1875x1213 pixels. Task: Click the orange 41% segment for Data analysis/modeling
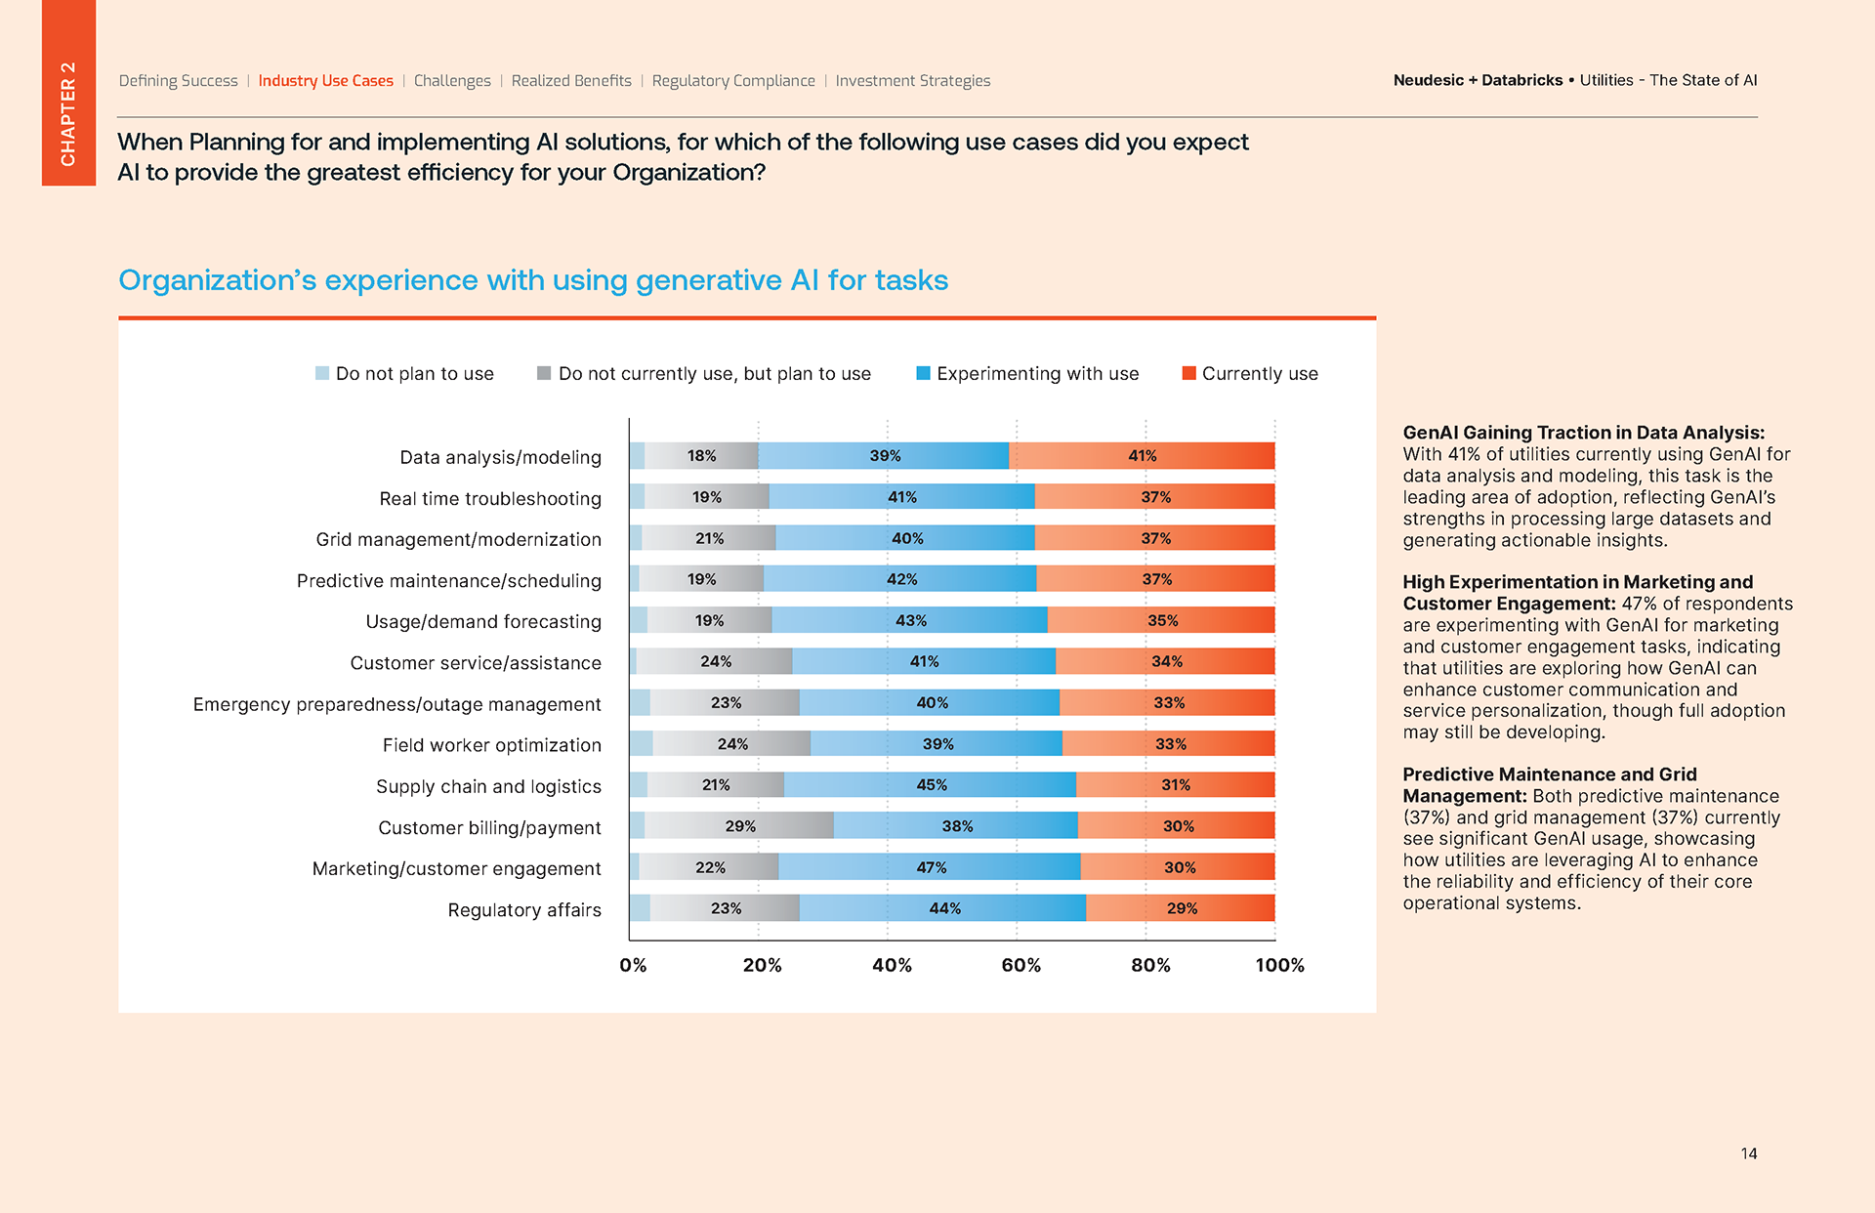click(x=1142, y=456)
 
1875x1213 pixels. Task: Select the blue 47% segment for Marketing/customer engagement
click(x=930, y=867)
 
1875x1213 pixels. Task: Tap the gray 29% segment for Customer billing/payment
click(x=739, y=826)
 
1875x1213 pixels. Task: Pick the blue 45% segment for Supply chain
click(x=930, y=785)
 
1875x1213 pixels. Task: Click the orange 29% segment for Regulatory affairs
click(x=1181, y=908)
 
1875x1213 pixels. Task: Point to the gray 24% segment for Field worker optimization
click(x=732, y=744)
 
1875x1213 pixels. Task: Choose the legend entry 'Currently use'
click(x=1250, y=374)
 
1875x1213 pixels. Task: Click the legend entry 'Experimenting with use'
click(x=1027, y=374)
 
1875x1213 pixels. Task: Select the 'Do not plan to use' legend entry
click(x=404, y=374)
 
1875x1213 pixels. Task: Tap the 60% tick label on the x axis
click(x=1021, y=966)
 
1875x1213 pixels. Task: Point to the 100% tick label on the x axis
click(x=1279, y=966)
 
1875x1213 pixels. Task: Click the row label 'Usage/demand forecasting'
click(x=483, y=622)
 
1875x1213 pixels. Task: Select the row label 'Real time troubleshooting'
click(x=490, y=499)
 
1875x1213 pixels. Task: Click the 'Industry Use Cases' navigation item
click(x=325, y=81)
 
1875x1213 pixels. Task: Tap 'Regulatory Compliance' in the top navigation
click(x=733, y=81)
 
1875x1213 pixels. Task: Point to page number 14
click(x=1748, y=1153)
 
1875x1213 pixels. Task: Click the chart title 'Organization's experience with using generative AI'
click(x=533, y=280)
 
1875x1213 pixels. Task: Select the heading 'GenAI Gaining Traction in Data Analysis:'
click(x=1583, y=433)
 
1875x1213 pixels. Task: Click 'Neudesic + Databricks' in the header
click(x=1478, y=81)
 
